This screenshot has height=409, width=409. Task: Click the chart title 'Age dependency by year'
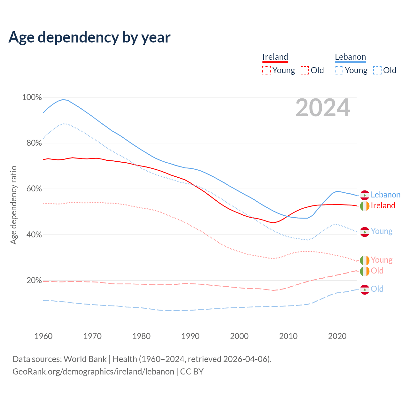coord(89,37)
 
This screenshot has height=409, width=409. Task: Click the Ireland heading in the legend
coord(275,57)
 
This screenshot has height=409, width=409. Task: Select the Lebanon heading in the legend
coord(350,57)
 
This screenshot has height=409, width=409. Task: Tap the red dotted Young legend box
coord(266,70)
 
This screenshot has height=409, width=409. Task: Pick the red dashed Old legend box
coord(305,70)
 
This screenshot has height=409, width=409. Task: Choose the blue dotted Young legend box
coord(339,70)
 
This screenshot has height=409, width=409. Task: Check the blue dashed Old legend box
coord(377,70)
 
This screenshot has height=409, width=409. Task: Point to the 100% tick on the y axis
coord(32,97)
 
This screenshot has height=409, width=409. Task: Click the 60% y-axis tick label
coord(34,189)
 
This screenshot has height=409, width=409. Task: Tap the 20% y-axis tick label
coord(34,281)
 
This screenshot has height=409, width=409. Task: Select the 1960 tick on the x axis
coord(43,336)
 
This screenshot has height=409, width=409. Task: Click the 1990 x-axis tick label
coord(190,336)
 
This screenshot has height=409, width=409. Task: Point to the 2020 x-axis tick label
coord(337,336)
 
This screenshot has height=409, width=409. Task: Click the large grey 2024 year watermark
coord(323,108)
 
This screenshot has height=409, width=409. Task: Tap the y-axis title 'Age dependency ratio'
coord(13,205)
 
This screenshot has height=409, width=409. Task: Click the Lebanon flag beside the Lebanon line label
coord(365,195)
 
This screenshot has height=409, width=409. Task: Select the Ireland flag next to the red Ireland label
coord(365,206)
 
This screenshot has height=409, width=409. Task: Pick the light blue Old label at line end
coord(377,289)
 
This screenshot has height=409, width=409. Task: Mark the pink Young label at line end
coord(382,260)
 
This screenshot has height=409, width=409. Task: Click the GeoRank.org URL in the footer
coord(93,372)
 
